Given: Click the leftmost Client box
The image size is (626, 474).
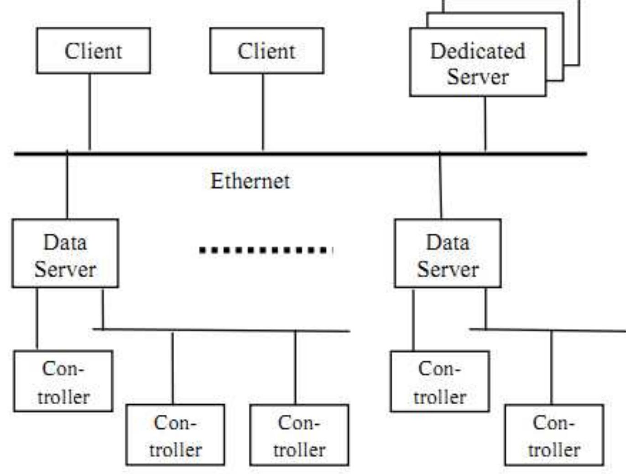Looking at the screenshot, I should click(93, 51).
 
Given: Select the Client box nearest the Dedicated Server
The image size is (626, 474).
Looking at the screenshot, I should click(266, 51).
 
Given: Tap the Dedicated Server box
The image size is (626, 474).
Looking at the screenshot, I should click(477, 63).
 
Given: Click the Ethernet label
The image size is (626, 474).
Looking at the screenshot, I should click(250, 181).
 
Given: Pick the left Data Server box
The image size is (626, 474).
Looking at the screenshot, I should click(65, 254).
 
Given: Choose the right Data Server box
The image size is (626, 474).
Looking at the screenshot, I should click(448, 254).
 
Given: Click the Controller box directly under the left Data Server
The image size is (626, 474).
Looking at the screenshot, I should click(63, 381).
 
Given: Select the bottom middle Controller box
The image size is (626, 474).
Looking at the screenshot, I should click(299, 435).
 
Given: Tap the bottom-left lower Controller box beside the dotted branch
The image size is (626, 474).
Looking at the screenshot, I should click(175, 435).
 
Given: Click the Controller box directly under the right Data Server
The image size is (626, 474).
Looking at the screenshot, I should click(440, 381).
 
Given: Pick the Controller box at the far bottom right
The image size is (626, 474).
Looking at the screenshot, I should click(554, 435).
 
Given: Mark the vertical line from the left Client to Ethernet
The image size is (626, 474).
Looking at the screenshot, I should click(89, 112).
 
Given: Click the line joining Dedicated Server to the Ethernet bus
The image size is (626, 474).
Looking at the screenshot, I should click(485, 123).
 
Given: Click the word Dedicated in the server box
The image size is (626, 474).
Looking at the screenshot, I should click(477, 51).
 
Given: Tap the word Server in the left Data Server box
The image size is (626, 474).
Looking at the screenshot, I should click(65, 269).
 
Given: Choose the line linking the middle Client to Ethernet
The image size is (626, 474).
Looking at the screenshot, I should click(263, 112).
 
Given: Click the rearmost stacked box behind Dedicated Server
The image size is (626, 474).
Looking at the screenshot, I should click(573, 32).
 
